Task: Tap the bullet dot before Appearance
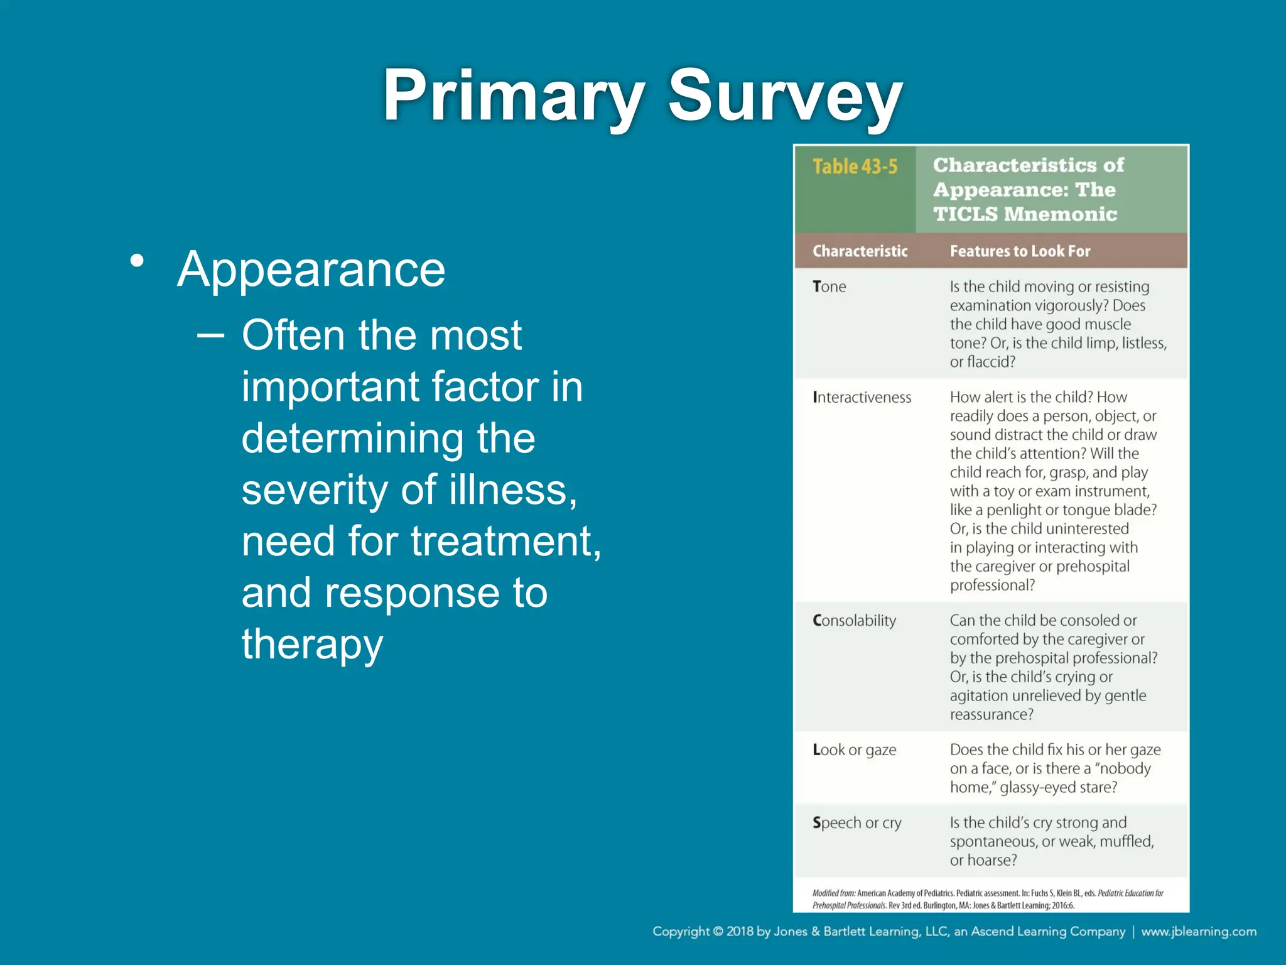(x=138, y=261)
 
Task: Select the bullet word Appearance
(x=311, y=270)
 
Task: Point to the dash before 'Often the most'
(x=210, y=335)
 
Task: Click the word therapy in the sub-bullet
(x=312, y=645)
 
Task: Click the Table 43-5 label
(x=855, y=167)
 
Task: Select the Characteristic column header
(x=860, y=251)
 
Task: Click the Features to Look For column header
(x=1020, y=251)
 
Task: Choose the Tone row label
(x=829, y=287)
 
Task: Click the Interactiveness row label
(x=862, y=398)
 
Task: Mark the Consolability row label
(x=854, y=621)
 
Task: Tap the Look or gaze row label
(x=854, y=750)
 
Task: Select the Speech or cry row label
(x=856, y=823)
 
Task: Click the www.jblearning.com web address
(x=1199, y=932)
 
